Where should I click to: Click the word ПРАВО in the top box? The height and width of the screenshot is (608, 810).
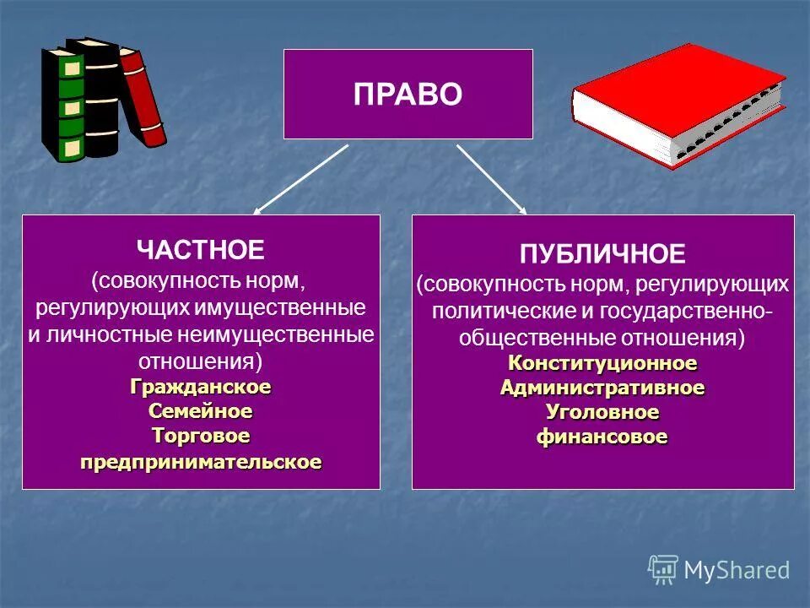coord(408,94)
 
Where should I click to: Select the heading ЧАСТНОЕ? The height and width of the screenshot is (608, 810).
coord(201,249)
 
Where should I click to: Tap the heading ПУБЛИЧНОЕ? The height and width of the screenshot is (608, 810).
coord(602,253)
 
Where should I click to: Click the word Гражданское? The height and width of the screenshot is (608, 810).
coord(201,387)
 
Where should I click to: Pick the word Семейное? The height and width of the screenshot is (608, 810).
coord(201,411)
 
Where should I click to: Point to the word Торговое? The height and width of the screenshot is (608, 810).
coord(201,436)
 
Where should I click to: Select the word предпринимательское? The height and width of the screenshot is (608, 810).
coord(201,462)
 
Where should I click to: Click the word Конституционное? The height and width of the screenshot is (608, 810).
coord(602,363)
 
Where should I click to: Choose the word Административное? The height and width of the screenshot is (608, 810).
coord(602,388)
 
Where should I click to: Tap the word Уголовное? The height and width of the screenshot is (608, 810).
coord(602,412)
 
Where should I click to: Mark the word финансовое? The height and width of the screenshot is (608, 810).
coord(602,437)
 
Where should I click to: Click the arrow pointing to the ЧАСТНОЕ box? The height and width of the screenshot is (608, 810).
coord(300,180)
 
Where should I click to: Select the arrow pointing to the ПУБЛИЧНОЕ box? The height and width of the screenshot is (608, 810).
coord(492,179)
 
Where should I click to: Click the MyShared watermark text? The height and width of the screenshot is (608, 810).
coord(736,570)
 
